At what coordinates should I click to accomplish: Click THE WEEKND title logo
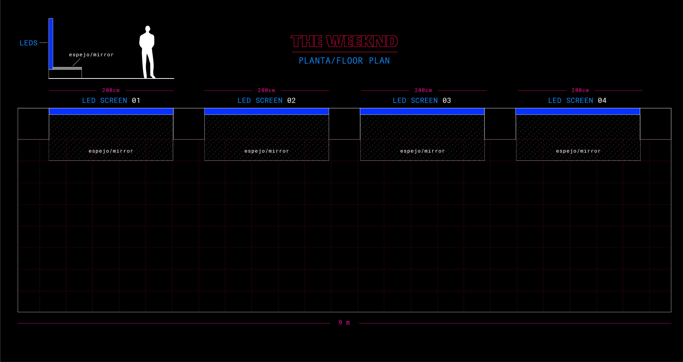(344, 41)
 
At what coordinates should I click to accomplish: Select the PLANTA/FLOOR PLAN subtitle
(344, 61)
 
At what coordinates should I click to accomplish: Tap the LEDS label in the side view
(29, 43)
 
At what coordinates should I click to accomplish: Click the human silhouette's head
(148, 29)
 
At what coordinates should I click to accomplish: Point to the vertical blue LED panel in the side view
(51, 44)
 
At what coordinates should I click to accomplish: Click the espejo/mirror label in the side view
(91, 55)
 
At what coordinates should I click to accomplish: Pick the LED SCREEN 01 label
(111, 100)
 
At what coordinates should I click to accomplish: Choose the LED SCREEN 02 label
(266, 100)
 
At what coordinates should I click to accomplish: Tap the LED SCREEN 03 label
(422, 100)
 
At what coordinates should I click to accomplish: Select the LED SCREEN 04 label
(577, 100)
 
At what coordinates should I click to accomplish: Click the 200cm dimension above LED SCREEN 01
(111, 90)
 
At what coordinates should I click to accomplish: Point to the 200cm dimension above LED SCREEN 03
(423, 90)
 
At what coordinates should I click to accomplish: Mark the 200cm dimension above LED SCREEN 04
(580, 90)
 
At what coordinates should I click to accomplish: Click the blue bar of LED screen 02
(266, 111)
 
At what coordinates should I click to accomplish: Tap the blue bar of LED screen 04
(577, 111)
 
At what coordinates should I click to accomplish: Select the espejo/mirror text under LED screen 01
(111, 151)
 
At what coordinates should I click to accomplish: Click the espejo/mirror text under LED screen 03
(422, 151)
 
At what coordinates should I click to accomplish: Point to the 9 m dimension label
(344, 323)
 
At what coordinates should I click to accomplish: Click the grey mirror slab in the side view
(67, 68)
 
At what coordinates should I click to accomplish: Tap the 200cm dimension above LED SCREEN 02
(266, 90)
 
